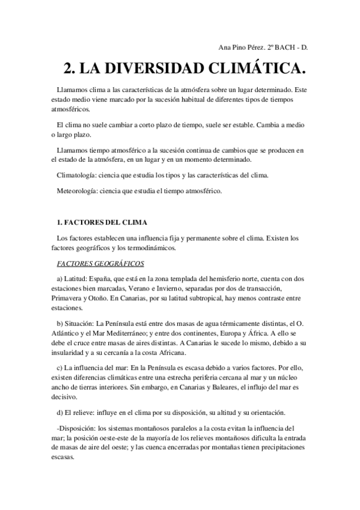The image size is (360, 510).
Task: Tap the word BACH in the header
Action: tap(291, 47)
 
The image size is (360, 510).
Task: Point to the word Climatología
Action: tap(76, 176)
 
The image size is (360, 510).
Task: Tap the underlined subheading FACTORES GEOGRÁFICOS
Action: tap(100, 263)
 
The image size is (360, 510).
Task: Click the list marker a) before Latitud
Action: tap(59, 279)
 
